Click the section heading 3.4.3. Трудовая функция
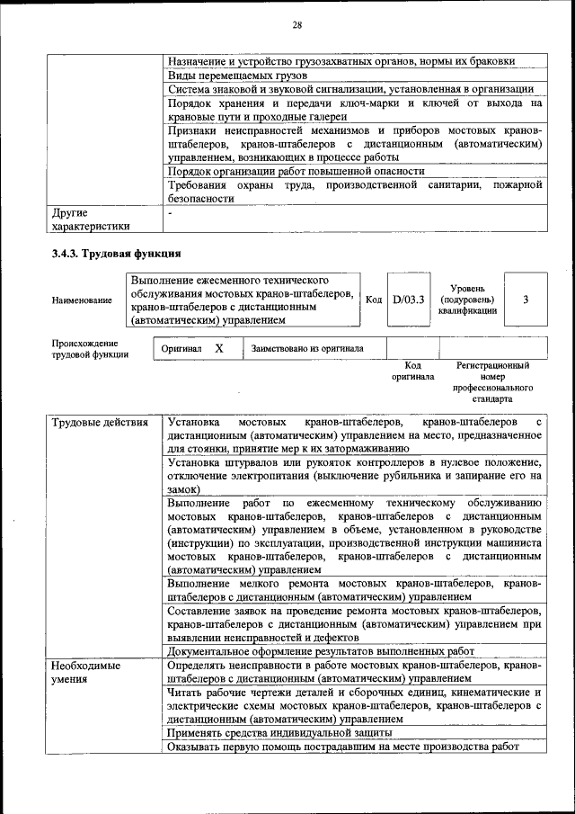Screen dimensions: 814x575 [117, 254]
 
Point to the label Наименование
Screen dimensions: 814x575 [82, 300]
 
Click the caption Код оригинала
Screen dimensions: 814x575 [412, 371]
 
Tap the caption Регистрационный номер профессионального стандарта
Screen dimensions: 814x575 [492, 381]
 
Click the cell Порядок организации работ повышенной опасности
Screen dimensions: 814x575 [296, 170]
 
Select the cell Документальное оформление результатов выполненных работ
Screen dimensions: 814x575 [321, 652]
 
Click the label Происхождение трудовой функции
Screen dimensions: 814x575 [90, 349]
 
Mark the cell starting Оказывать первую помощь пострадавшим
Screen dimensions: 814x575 [343, 747]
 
